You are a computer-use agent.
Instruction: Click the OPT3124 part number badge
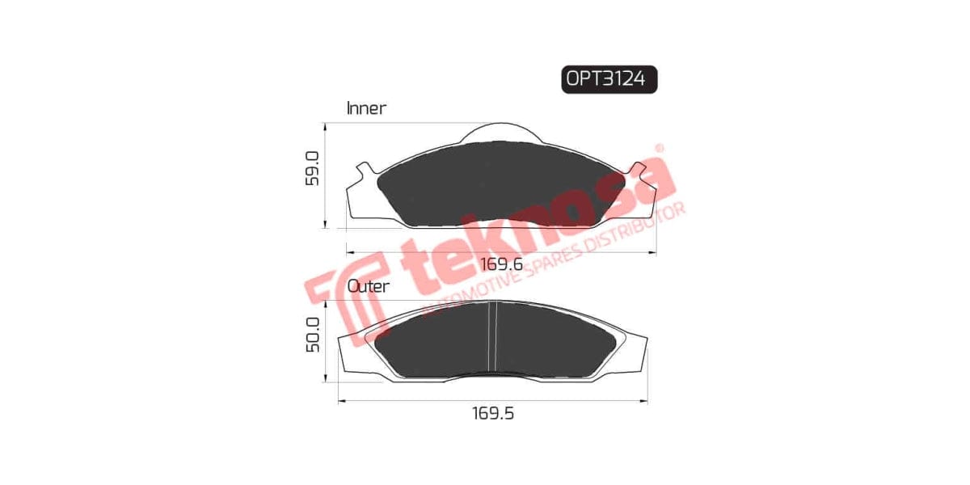tap(609, 79)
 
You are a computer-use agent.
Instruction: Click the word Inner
tap(366, 108)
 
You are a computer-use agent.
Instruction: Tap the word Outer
tap(368, 285)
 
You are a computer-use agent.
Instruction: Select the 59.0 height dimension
tap(313, 168)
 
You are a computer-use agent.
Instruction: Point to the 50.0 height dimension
tap(313, 334)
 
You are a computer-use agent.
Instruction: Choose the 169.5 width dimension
tap(492, 413)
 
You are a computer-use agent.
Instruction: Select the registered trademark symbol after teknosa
tap(659, 149)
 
